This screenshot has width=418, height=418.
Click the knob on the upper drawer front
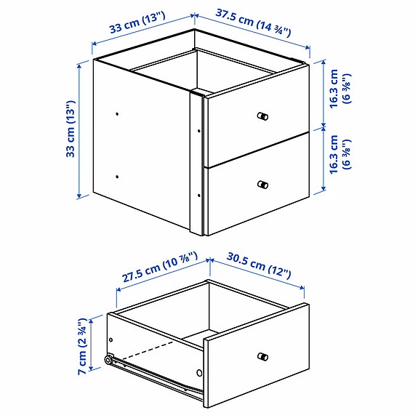coord(262,116)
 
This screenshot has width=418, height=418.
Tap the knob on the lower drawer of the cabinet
coord(262,185)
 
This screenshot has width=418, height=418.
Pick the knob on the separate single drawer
coord(262,355)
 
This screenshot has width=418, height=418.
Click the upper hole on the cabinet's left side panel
coord(117,113)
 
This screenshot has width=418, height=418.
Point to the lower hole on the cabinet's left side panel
coord(117,176)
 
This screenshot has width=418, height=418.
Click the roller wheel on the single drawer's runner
coord(109,360)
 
